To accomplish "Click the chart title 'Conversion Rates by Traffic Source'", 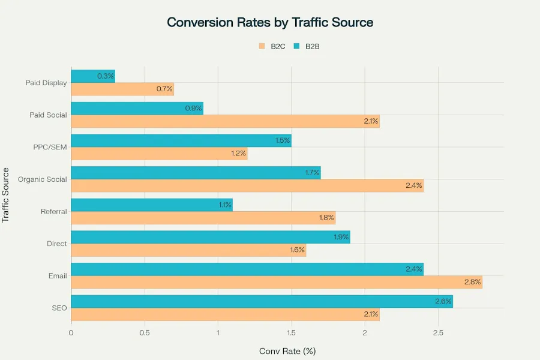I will coord(270,23).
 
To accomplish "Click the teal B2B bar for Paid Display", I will coord(93,76).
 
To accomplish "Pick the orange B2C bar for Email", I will coord(276,282).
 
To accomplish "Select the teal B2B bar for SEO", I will coord(262,301).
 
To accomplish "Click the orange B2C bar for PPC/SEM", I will coord(159,154).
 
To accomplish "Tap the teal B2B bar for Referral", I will coord(151,205).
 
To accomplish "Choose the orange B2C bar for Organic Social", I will coord(247,185).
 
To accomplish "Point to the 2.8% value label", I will coord(472,282).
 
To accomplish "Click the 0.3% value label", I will coord(106,76).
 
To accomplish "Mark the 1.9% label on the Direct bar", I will coord(341,237).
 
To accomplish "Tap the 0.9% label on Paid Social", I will coord(194,109).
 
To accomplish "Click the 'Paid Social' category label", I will coord(48,115).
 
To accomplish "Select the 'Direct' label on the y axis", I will coord(56,244).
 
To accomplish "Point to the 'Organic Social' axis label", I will coord(43,179).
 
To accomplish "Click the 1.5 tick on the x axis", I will coord(291,332).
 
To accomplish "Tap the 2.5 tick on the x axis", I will coord(438,332).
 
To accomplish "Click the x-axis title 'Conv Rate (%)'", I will coord(287,350).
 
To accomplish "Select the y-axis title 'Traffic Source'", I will coord(6,195).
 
